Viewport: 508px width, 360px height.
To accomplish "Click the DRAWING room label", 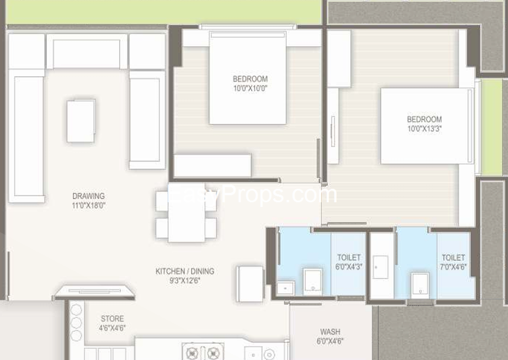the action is tap(89, 196).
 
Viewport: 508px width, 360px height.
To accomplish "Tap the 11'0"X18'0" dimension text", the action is tap(89, 205).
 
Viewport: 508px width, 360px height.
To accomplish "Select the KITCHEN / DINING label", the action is tap(185, 271).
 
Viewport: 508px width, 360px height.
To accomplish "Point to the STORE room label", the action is tap(112, 318).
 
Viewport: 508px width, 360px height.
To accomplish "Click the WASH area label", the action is tap(330, 332).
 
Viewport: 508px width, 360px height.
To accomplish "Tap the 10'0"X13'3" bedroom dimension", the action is tap(425, 128).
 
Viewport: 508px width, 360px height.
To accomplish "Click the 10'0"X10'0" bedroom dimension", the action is tap(250, 88).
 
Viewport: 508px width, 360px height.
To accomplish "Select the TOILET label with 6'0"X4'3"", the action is tap(348, 258).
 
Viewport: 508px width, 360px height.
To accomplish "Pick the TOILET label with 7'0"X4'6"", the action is tap(453, 258).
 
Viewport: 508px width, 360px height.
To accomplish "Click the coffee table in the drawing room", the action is tap(81, 121).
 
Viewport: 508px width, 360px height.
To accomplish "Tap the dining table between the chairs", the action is tap(187, 213).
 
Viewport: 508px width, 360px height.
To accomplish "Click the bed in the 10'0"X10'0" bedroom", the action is tap(248, 78).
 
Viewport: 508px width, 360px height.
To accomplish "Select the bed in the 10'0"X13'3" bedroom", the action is tap(427, 126).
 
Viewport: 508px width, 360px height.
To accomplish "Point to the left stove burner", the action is tap(192, 352).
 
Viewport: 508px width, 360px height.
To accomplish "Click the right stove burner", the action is tap(214, 352).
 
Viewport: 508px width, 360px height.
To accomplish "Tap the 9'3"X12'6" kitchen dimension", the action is tap(185, 280).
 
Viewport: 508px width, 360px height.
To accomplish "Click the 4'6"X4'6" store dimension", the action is tap(112, 328).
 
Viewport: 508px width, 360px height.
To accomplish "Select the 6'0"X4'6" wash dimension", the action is tap(330, 341).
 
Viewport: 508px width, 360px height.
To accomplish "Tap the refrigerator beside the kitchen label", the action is tap(250, 284).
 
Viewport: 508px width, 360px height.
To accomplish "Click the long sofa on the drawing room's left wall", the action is tap(26, 136).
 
